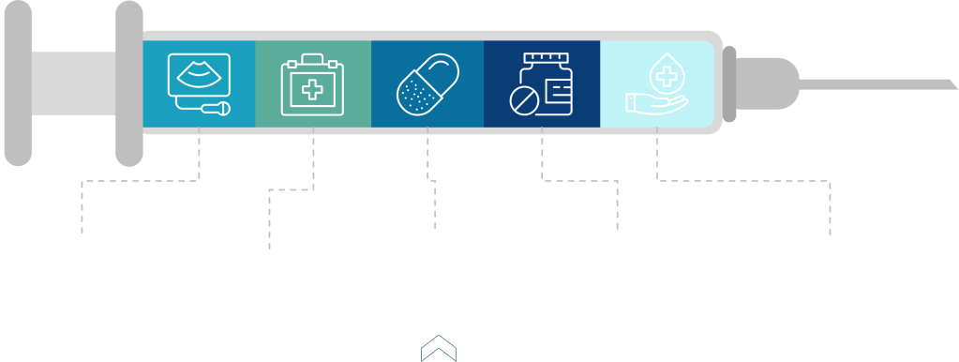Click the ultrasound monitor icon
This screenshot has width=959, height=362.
tap(198, 83)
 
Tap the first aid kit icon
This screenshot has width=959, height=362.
tap(313, 83)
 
